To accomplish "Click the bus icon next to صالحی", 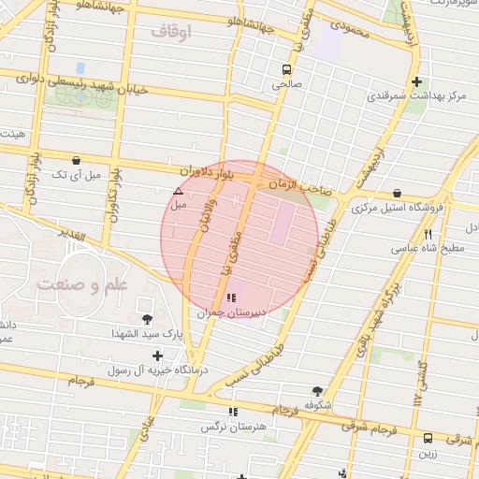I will pyautogui.click(x=287, y=68).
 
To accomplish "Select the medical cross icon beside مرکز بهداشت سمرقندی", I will pyautogui.click(x=417, y=81).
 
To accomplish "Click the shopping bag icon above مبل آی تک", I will pyautogui.click(x=75, y=160).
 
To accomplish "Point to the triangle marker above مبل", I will pyautogui.click(x=178, y=190).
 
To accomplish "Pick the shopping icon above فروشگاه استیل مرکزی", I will pyautogui.click(x=398, y=193).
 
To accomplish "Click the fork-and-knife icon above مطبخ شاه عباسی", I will pyautogui.click(x=428, y=234).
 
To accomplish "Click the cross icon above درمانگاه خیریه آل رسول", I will pyautogui.click(x=156, y=356).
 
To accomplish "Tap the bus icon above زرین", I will pyautogui.click(x=428, y=437).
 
